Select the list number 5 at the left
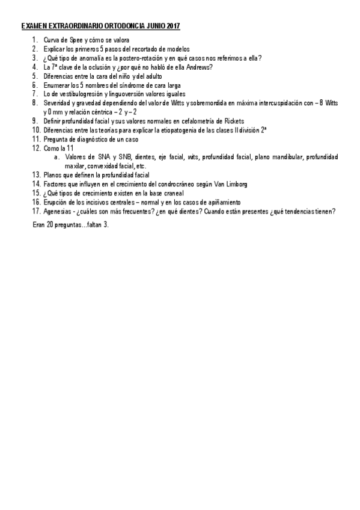pyautogui.click(x=35, y=76)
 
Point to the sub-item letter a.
pyautogui.click(x=56, y=157)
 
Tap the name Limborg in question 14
pyautogui.click(x=234, y=183)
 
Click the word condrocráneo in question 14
pyautogui.click(x=183, y=183)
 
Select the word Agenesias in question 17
pyautogui.click(x=58, y=211)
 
